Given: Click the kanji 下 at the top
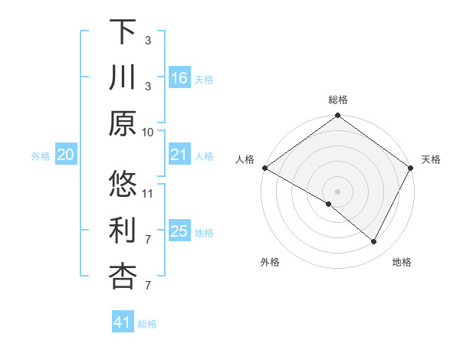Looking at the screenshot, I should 123,31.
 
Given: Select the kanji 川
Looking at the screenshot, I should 123,77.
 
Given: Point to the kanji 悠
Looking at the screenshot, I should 123,185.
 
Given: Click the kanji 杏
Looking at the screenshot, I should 123,277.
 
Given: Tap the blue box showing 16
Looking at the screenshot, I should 179,78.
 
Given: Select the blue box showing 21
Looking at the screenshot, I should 179,155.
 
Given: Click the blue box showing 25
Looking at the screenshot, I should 179,232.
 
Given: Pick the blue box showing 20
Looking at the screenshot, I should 66,155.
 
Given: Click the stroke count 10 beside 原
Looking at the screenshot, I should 148,131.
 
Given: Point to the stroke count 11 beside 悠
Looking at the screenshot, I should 148,193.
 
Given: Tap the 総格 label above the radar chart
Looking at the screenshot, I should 338,100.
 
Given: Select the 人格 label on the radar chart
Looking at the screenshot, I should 246,159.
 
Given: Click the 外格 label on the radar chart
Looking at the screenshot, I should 270,263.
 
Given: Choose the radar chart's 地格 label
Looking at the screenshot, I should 402,263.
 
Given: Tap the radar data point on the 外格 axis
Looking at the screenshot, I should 329,204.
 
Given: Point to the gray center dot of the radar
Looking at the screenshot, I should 337,191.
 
